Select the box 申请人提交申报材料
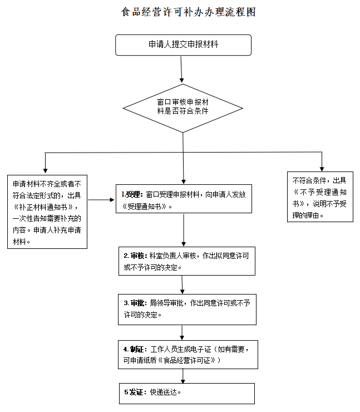(x=183, y=45)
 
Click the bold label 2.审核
(x=135, y=256)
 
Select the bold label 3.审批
(x=135, y=303)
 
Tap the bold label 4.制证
(x=135, y=349)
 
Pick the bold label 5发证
(x=134, y=392)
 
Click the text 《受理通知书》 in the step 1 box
(x=147, y=205)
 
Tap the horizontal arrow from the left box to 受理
(x=101, y=199)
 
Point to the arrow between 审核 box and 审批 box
(x=183, y=284)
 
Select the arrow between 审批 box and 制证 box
(x=183, y=332)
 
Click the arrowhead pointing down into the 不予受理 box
(x=322, y=168)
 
